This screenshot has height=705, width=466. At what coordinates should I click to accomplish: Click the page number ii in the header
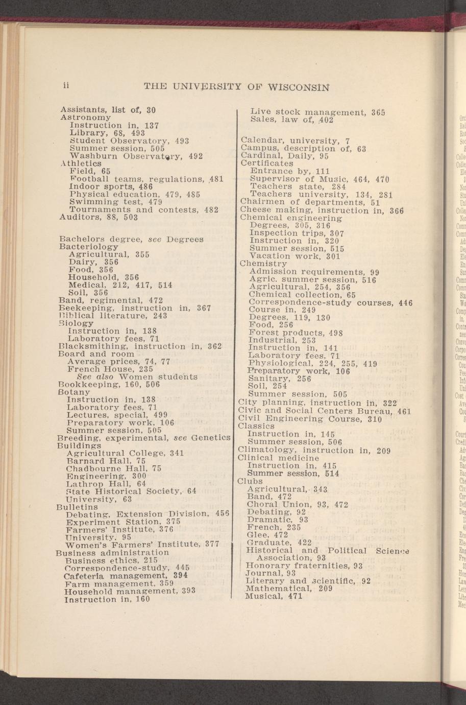click(66, 85)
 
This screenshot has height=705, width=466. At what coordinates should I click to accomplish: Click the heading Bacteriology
click(89, 247)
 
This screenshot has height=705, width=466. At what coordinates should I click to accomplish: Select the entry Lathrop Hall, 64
click(106, 483)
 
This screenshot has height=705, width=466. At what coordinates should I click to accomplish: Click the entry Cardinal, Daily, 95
click(285, 156)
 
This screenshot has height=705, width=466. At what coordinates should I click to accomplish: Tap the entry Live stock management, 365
click(318, 112)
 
